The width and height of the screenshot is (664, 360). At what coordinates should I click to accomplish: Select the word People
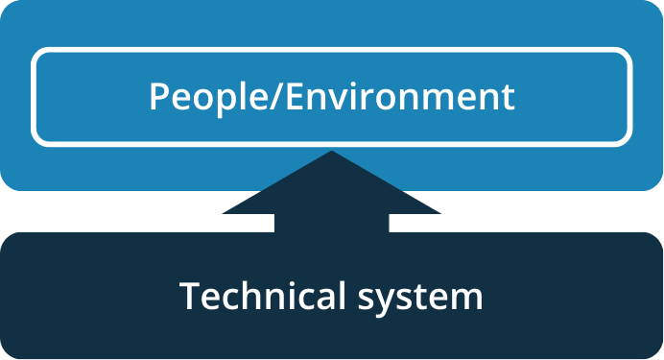tap(200, 97)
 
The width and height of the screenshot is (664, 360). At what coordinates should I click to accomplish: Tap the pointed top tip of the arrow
tap(332, 153)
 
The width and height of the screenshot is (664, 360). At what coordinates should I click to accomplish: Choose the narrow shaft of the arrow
tap(332, 222)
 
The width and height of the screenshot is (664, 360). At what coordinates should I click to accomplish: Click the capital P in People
tap(158, 97)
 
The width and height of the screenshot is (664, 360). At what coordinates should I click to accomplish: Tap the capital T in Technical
tap(189, 297)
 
